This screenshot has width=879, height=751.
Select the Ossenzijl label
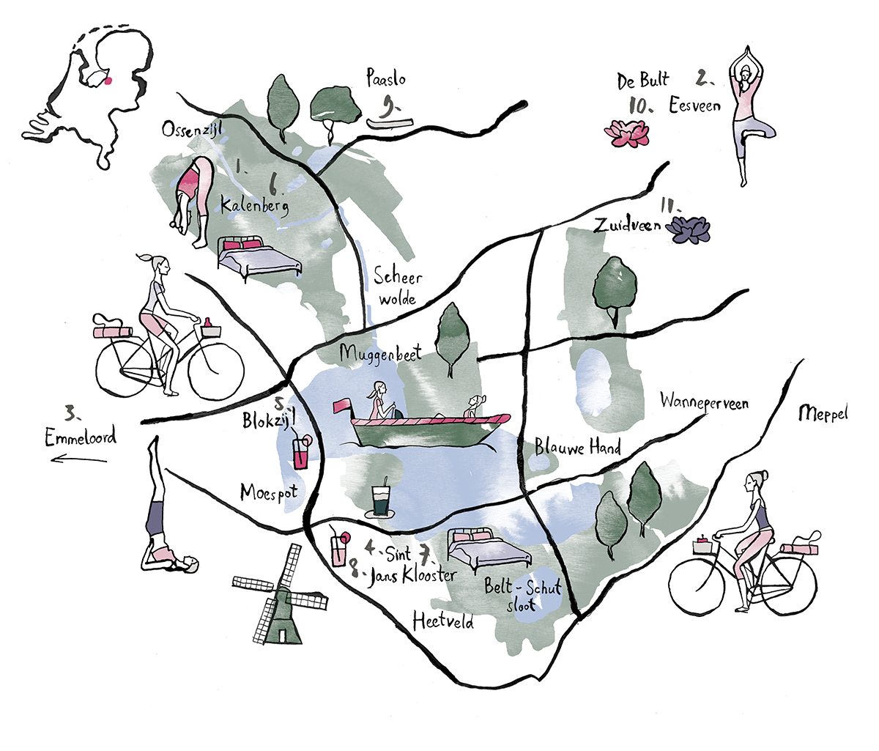click(192, 130)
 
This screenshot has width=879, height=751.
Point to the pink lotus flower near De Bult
click(626, 134)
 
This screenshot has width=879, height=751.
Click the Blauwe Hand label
click(577, 446)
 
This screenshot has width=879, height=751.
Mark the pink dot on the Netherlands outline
click(109, 81)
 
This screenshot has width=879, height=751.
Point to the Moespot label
click(269, 492)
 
